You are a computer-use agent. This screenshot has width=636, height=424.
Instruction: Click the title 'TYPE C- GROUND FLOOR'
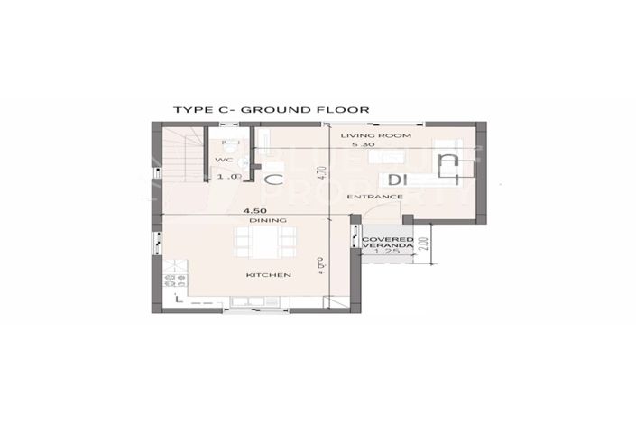click(271, 110)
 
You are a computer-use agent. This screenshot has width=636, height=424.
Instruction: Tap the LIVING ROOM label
click(375, 135)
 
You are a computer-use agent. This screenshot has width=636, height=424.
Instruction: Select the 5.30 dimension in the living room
click(363, 145)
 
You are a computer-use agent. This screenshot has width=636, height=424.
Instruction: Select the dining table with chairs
click(264, 241)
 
